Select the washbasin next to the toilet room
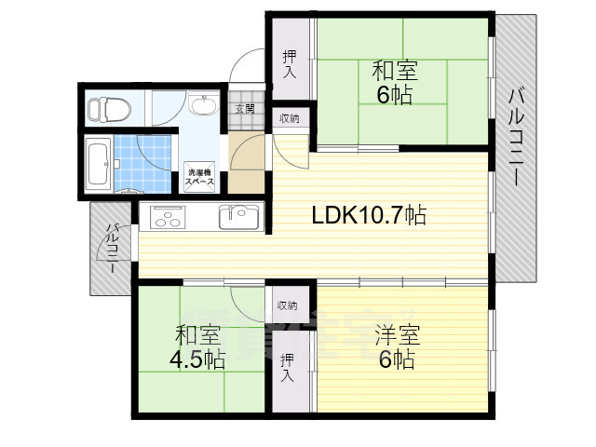click(203, 105)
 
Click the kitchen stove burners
click(169, 218)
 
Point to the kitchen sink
click(240, 217)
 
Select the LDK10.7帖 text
click(369, 216)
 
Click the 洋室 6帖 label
click(395, 347)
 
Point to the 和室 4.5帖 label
click(197, 345)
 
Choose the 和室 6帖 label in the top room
click(395, 82)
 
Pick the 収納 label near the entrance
click(289, 118)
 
